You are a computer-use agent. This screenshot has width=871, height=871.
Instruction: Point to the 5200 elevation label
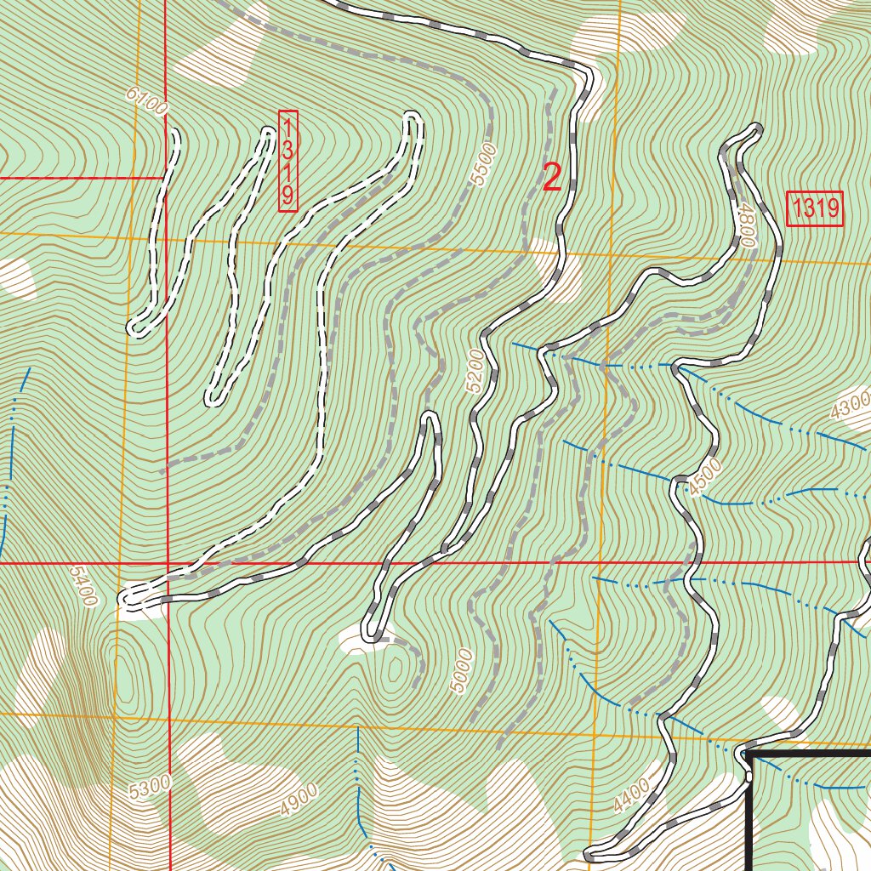coord(478,371)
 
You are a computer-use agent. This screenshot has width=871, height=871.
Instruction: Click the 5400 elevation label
coord(82,586)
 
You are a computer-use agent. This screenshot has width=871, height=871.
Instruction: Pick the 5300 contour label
coord(151,787)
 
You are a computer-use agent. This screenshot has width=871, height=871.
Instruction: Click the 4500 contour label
coord(705,476)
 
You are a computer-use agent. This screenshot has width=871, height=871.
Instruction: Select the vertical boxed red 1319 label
coord(288,161)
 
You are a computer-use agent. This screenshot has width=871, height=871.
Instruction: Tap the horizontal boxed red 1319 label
coord(815,209)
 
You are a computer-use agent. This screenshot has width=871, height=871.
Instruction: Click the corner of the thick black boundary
coord(749,754)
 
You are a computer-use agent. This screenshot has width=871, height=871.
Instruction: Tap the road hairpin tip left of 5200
coord(430,417)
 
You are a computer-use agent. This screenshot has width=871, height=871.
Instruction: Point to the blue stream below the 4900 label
coord(361,800)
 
